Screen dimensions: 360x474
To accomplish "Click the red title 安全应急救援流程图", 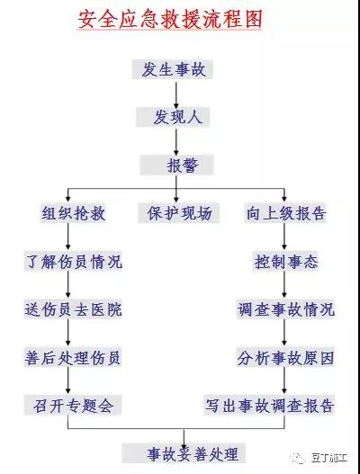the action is [x=170, y=20].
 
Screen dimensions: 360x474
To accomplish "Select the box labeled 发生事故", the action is [x=173, y=69].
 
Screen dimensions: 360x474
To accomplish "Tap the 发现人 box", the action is [x=173, y=117].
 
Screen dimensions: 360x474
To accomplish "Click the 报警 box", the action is [x=176, y=165].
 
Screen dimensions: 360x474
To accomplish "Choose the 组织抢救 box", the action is [x=73, y=213].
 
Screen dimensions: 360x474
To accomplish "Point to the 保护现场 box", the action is [x=179, y=213].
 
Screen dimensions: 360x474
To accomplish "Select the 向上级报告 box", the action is [x=285, y=213].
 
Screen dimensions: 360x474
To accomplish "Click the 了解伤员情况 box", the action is [x=73, y=262].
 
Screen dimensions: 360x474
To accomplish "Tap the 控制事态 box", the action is [x=285, y=262].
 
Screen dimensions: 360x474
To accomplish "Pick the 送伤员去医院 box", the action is [x=73, y=309].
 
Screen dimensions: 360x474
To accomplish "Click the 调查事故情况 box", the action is [x=285, y=309].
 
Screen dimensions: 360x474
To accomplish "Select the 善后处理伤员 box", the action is [x=73, y=357].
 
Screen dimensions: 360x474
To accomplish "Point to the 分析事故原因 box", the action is [x=285, y=357].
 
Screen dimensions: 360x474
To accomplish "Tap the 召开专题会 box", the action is [x=73, y=405].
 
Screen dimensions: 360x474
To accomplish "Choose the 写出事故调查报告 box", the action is [x=269, y=405].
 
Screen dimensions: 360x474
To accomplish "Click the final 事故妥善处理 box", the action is [x=184, y=453].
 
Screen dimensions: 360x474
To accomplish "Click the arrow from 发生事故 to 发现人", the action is [x=176, y=95].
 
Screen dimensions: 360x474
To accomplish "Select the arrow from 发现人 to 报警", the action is [x=176, y=142].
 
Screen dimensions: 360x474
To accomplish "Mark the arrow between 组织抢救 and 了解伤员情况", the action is [x=68, y=237].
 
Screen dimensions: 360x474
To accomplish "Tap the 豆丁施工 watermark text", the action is [x=329, y=459].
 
